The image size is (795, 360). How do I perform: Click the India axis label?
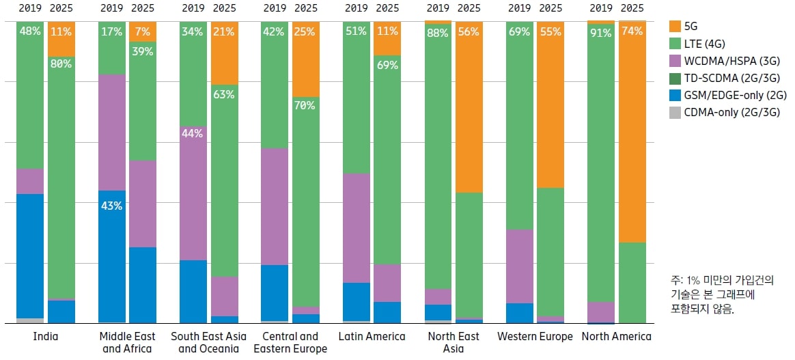pos(46,336)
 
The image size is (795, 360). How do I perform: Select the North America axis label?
pos(616,336)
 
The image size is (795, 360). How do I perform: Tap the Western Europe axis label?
pos(535,336)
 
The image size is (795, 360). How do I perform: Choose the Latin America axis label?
pos(372,336)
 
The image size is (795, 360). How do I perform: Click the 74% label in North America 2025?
pos(632,31)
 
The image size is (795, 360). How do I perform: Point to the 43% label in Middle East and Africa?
pos(111,206)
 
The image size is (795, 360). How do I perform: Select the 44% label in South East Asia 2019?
pos(193,134)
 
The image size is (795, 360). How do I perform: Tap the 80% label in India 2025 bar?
pos(61,64)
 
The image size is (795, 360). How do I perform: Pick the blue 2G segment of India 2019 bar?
pos(30,256)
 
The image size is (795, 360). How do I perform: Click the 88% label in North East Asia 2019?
pos(438,32)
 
